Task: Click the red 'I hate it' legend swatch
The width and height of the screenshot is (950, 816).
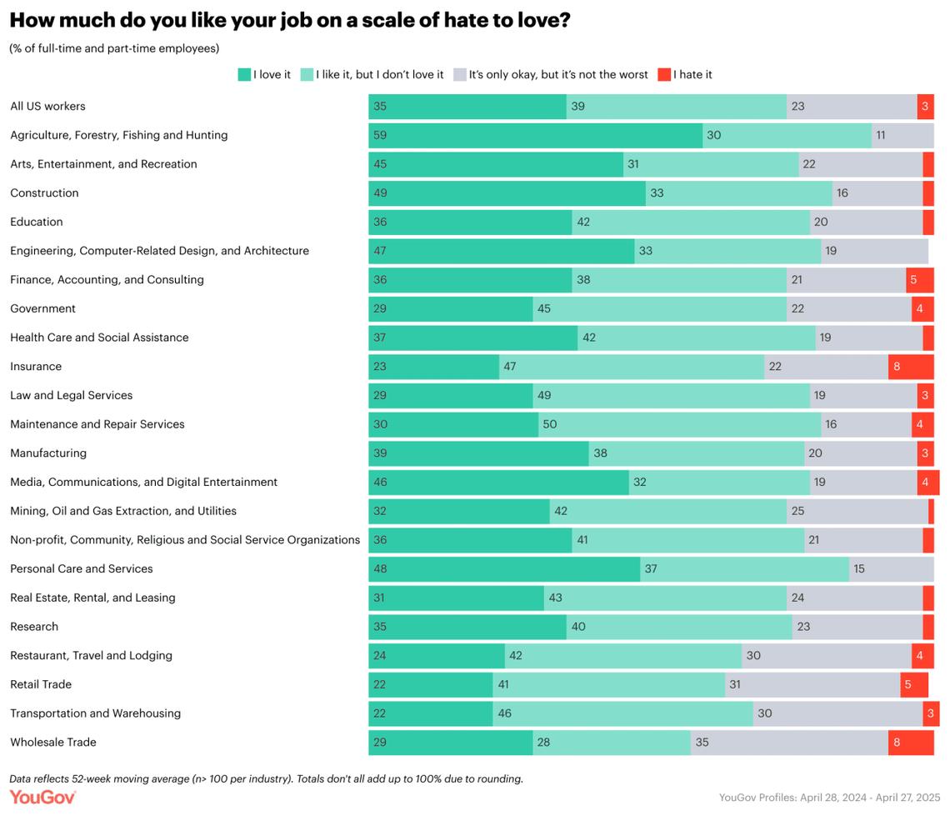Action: tap(664, 74)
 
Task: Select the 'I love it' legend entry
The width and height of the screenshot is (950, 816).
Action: tap(264, 74)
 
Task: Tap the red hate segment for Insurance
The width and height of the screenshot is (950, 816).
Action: tap(910, 367)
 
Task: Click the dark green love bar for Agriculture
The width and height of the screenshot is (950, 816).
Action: tap(535, 135)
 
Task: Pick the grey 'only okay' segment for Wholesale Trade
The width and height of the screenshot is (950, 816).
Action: tap(788, 743)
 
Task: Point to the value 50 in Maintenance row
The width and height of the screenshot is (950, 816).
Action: tap(550, 424)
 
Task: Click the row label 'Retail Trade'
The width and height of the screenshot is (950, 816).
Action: tap(41, 684)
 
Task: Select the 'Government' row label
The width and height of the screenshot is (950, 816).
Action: tap(42, 308)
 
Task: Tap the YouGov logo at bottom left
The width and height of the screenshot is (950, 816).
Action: tap(42, 798)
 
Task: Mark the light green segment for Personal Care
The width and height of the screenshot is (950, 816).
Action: tap(744, 569)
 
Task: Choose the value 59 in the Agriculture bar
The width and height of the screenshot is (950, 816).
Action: tap(380, 135)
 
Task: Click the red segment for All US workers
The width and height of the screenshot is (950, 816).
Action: tap(925, 107)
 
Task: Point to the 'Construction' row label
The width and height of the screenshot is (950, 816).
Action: tap(44, 193)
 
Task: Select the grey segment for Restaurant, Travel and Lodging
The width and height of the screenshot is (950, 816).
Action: tap(826, 656)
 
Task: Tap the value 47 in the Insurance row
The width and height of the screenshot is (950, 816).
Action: tap(510, 367)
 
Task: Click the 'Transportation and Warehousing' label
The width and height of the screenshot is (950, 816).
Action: tap(95, 713)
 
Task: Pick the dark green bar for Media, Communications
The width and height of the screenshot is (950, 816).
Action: tap(498, 483)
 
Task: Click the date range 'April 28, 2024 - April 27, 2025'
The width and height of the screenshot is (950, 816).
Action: tap(870, 797)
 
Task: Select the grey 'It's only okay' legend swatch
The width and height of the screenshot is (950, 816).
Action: tap(459, 74)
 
